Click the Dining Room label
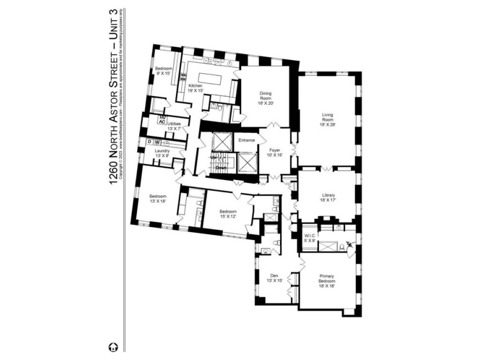(x=266, y=97)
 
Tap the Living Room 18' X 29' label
(x=330, y=119)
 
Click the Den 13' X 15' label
(x=274, y=278)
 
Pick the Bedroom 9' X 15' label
(x=163, y=71)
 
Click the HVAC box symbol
(x=162, y=120)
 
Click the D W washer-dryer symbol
(x=154, y=142)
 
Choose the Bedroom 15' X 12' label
(x=227, y=214)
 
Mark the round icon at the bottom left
(x=113, y=346)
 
